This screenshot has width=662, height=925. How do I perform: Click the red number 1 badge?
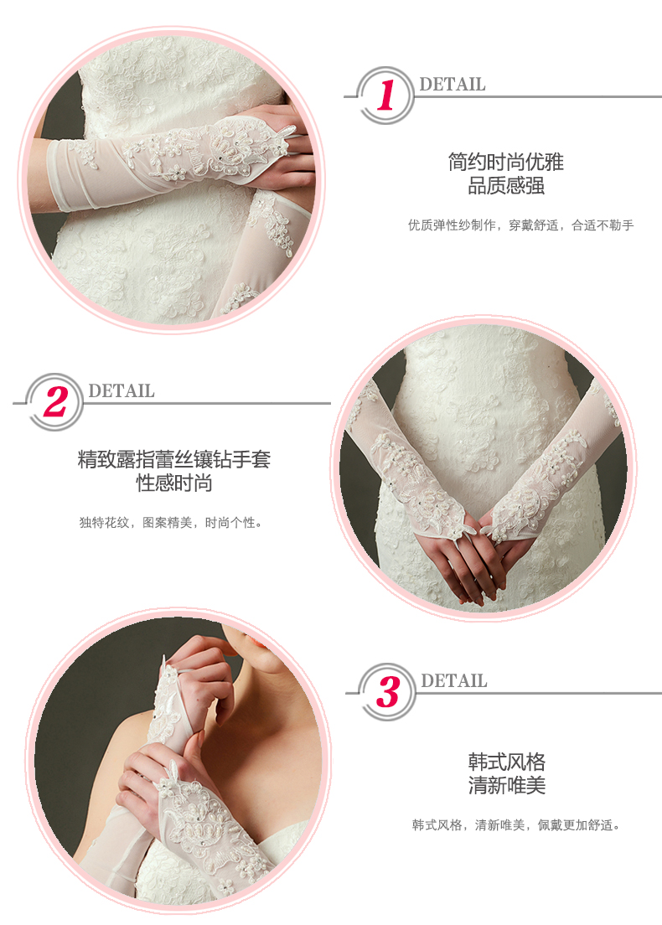pyautogui.click(x=385, y=96)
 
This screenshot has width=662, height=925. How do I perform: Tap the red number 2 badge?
pyautogui.click(x=54, y=402)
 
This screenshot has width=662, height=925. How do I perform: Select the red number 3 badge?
pyautogui.click(x=387, y=692)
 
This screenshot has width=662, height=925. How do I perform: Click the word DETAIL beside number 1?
pyautogui.click(x=453, y=85)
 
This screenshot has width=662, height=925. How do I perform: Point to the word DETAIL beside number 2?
pyautogui.click(x=122, y=391)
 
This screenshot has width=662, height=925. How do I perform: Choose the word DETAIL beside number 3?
pyautogui.click(x=454, y=681)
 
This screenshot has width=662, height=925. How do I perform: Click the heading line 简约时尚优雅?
pyautogui.click(x=505, y=162)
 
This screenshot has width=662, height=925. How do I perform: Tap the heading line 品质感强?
pyautogui.click(x=505, y=186)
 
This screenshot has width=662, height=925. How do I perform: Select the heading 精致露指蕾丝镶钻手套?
pyautogui.click(x=174, y=459)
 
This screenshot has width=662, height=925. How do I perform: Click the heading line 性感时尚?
pyautogui.click(x=174, y=483)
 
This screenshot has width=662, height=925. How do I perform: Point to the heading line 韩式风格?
pyautogui.click(x=507, y=762)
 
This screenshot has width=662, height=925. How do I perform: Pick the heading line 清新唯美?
pyautogui.click(x=507, y=785)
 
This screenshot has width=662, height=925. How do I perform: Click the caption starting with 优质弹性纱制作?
pyautogui.click(x=521, y=225)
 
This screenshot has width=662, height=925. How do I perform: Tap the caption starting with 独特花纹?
pyautogui.click(x=170, y=523)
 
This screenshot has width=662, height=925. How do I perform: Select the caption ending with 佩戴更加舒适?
pyautogui.click(x=517, y=825)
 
